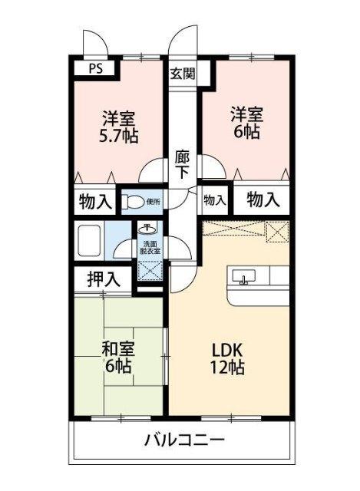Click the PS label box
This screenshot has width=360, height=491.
point(94,68)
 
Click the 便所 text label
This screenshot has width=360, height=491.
point(154,203)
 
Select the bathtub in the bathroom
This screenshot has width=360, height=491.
point(90,240)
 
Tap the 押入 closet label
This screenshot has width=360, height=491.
point(104,279)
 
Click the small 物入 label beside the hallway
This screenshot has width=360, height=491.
point(215,201)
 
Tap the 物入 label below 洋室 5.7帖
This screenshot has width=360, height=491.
point(96,203)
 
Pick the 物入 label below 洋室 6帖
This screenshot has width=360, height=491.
point(263,200)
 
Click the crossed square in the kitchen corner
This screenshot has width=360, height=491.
point(276,231)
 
